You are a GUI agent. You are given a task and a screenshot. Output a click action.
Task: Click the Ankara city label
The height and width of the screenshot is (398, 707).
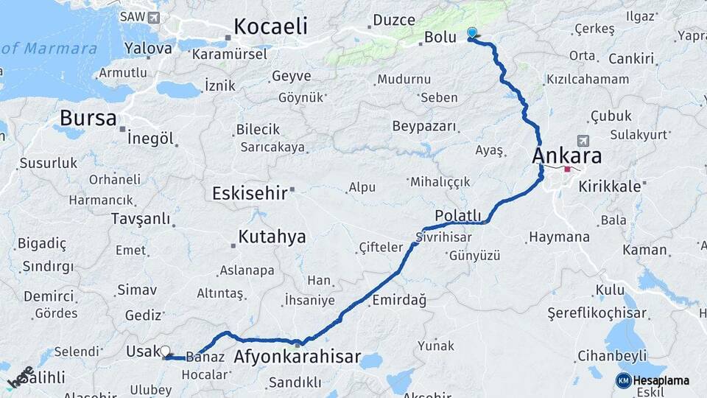(x=566, y=156)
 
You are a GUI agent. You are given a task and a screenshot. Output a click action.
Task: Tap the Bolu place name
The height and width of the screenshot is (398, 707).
(x=440, y=37)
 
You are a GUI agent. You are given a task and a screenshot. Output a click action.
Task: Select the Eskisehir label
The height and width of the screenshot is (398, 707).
(x=249, y=194)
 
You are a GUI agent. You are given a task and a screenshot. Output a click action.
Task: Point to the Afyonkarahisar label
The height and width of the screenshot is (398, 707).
(x=297, y=358)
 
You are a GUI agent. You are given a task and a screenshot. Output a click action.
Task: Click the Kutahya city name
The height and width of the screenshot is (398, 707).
(x=272, y=237)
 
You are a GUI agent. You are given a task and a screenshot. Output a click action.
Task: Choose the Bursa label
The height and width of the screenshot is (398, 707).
(x=88, y=118)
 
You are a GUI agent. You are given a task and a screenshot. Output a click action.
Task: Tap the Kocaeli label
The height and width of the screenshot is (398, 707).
(x=270, y=27)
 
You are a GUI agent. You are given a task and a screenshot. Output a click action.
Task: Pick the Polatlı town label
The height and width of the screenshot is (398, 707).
(x=458, y=214)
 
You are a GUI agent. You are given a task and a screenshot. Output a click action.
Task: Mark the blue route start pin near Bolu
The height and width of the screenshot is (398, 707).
(x=472, y=33)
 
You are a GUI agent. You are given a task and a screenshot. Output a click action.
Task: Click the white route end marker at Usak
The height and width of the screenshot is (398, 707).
(x=165, y=352)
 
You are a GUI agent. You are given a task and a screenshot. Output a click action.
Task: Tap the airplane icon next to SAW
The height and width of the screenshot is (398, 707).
(x=153, y=17)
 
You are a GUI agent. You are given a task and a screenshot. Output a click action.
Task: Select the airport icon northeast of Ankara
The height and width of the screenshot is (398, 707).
(x=584, y=141)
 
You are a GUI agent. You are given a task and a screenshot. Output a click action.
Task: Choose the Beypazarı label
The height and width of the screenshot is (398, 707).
(x=424, y=126)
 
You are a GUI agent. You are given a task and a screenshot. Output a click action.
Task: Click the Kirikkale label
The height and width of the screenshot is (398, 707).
(x=610, y=186)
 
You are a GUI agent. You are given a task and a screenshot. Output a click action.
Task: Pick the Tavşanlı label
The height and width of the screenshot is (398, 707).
(x=140, y=219)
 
